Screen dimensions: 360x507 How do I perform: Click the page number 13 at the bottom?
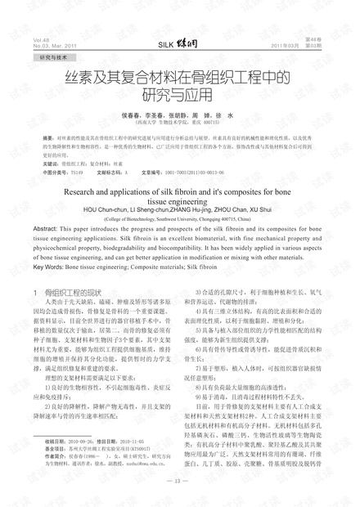(180, 481)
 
